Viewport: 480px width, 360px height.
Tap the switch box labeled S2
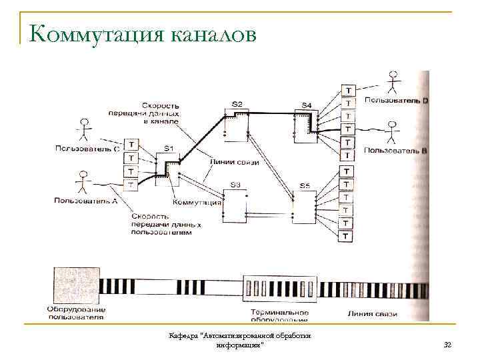[x=237, y=124]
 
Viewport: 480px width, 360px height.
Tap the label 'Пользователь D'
[x=396, y=100]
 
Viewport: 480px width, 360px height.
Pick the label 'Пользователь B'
[x=396, y=151]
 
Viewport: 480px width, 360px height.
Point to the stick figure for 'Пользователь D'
[x=394, y=83]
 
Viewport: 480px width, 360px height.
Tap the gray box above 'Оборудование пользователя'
[x=76, y=287]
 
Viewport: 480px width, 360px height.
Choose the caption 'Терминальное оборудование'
[x=277, y=315]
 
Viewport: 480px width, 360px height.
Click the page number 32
[x=447, y=344]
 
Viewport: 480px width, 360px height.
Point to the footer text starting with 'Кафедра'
[x=240, y=340]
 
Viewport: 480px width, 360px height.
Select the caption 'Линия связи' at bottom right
[x=373, y=313]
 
